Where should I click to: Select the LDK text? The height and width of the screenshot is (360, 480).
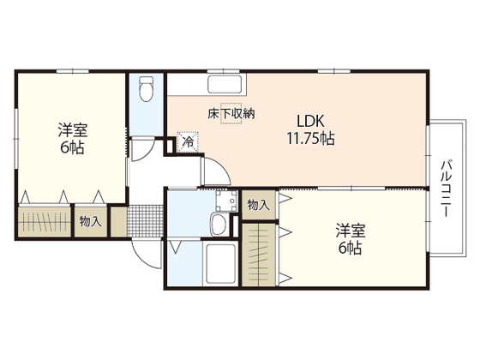[309, 120]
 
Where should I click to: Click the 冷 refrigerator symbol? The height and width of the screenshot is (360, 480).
[188, 142]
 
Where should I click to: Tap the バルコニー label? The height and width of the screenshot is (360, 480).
[447, 188]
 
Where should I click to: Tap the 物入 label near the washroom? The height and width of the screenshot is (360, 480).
[258, 205]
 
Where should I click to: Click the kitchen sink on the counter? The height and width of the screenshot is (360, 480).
[225, 86]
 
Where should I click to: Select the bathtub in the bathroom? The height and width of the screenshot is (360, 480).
[222, 260]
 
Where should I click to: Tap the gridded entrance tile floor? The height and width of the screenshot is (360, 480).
[142, 221]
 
